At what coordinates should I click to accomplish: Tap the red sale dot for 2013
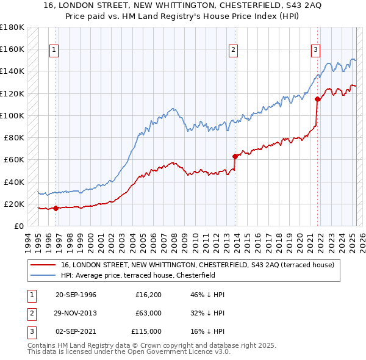pos(235,156)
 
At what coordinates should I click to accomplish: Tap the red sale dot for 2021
pos(317,99)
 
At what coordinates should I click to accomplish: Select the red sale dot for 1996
pos(56,208)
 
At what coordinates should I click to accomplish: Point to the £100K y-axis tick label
pos(12,115)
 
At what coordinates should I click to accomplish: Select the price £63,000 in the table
pos(148,314)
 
